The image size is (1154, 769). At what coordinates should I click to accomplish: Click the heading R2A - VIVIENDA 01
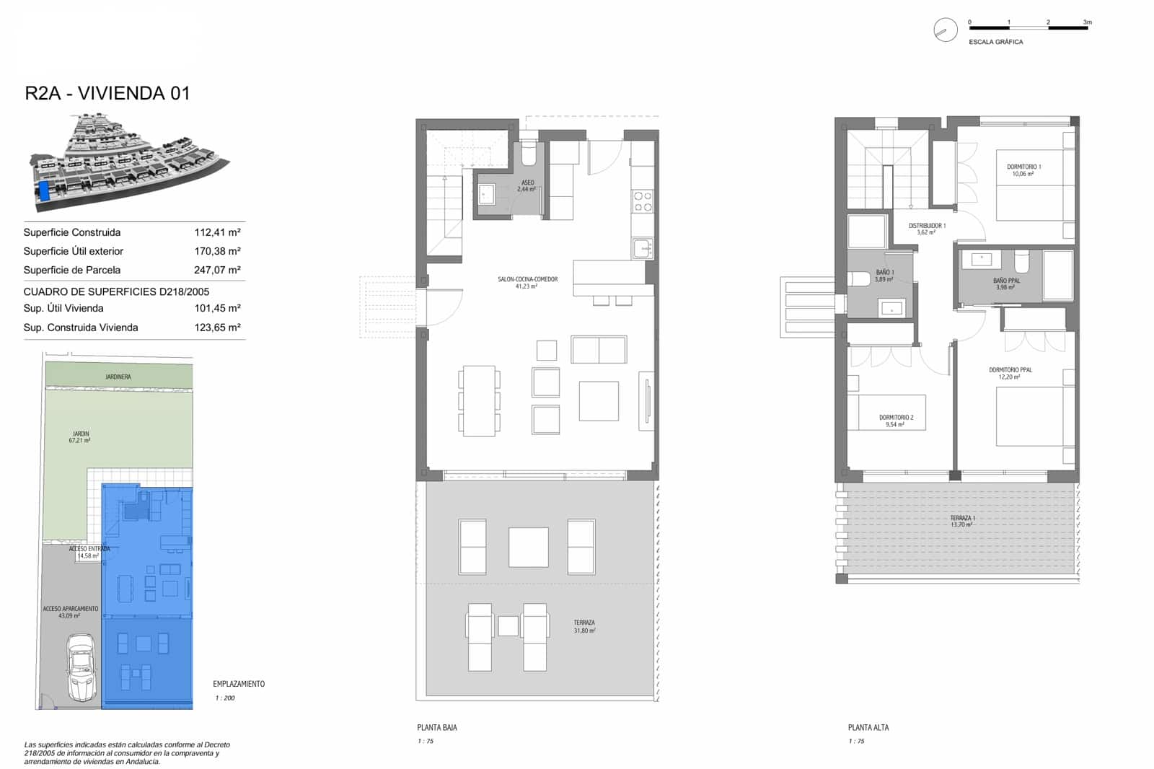click(107, 93)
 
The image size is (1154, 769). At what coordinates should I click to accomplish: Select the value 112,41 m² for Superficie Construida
click(217, 232)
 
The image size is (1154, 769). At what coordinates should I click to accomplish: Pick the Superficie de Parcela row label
click(71, 270)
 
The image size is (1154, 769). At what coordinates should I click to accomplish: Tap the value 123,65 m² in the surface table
click(217, 328)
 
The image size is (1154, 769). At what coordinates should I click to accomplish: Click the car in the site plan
click(81, 667)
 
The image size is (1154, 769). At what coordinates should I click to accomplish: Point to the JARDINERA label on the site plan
click(118, 377)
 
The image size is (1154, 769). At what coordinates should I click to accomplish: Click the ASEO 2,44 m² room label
click(527, 186)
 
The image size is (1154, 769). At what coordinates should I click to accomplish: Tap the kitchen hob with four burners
click(642, 202)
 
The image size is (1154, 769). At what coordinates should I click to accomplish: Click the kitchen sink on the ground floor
click(642, 249)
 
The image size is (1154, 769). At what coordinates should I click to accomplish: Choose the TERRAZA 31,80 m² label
click(584, 626)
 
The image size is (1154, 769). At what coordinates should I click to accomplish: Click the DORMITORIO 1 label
click(1023, 170)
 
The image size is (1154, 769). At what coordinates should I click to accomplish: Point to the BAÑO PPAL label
click(1006, 284)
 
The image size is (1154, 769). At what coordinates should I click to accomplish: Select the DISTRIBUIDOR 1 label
click(927, 229)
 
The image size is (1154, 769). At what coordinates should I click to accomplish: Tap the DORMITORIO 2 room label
click(896, 421)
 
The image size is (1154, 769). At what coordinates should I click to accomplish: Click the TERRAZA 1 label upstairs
click(962, 521)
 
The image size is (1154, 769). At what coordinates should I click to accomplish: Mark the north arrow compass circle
click(945, 30)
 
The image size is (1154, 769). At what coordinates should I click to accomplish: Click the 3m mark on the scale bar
click(1087, 23)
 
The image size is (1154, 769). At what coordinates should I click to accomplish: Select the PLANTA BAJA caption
click(437, 727)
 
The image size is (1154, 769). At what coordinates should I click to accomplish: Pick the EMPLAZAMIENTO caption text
click(239, 684)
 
